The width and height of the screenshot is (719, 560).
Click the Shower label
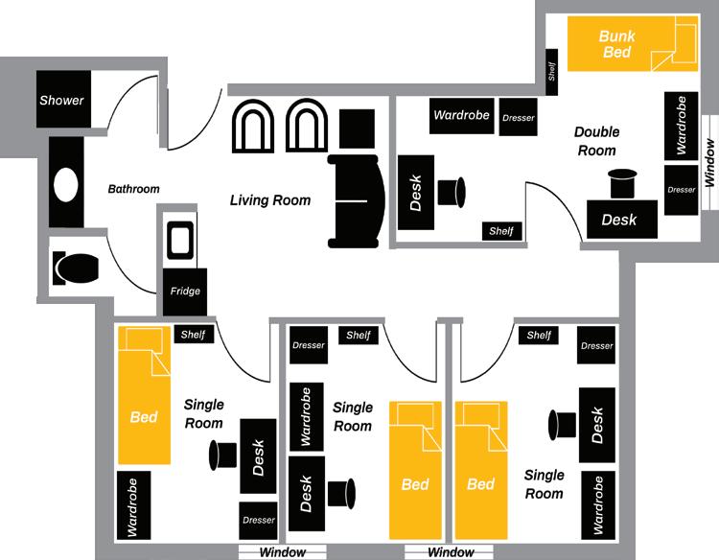click(x=62, y=100)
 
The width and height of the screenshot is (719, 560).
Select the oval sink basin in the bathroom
click(x=66, y=184)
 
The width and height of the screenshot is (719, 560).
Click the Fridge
click(x=185, y=291)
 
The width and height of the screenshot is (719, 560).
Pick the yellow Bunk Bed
click(x=632, y=44)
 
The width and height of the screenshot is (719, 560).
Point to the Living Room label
click(x=270, y=200)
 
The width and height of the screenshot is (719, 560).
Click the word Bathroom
click(x=133, y=189)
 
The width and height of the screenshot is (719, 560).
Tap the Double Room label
click(x=596, y=141)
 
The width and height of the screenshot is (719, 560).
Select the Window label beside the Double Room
click(x=709, y=163)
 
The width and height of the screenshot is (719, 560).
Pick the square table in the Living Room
click(x=358, y=128)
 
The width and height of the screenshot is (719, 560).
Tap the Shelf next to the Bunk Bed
click(x=552, y=71)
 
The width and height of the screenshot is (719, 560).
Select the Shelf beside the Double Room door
click(x=501, y=231)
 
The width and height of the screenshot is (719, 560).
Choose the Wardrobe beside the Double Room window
click(x=681, y=125)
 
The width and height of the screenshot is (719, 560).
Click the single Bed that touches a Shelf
click(x=144, y=394)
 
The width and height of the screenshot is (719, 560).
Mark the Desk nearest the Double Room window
click(x=619, y=219)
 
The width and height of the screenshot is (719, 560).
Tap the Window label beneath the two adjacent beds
click(x=451, y=552)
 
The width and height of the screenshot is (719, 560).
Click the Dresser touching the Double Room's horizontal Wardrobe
click(x=518, y=116)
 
